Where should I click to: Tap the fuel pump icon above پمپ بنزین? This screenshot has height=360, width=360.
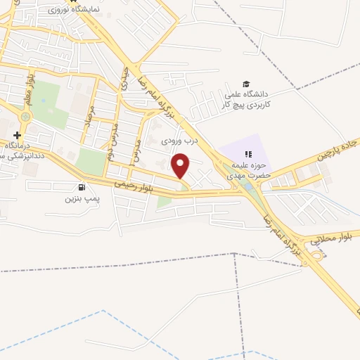point(83,187)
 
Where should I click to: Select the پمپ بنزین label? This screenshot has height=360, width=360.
point(69,199)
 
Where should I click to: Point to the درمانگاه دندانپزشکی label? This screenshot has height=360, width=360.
point(20,150)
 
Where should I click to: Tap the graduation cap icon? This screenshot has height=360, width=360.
point(245,84)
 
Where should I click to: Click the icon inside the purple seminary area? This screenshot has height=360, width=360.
point(247,154)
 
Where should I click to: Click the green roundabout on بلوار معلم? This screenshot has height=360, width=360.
point(26,117)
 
